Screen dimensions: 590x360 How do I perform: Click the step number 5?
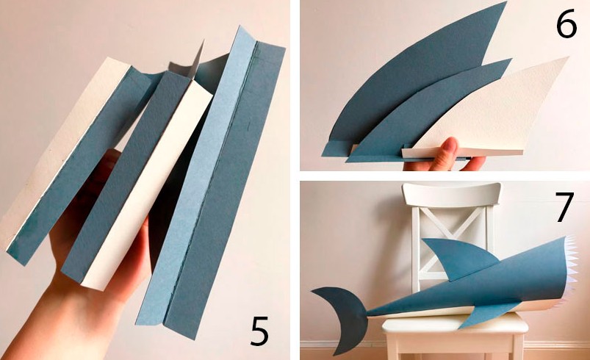(x=259, y=331)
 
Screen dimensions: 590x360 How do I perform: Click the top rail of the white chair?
(x=452, y=194)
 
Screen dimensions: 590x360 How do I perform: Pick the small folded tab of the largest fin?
(x=331, y=148)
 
